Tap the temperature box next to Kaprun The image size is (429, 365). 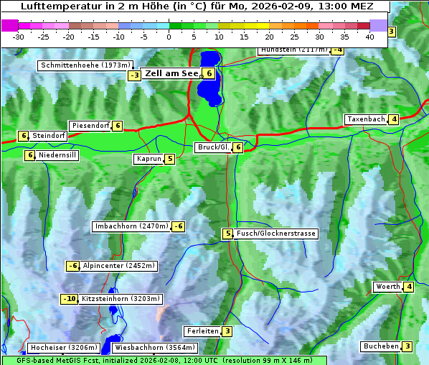coord(170,159)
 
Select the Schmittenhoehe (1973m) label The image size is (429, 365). coord(85,65)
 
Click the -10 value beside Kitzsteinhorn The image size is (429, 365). coord(69,299)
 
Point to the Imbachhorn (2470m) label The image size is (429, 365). coord(132,226)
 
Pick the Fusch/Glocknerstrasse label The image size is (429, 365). coord(276,234)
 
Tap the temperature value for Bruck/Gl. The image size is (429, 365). coord(237,147)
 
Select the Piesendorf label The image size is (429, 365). coord(90,126)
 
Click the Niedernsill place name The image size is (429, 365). coord(57,154)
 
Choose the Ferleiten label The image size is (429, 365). coord(202,331)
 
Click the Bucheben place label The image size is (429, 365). coord(380,346)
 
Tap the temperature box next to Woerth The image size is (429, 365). coord(409,287)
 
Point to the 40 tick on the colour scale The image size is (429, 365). coord(369,36)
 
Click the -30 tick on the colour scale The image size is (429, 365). coord(19,36)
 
